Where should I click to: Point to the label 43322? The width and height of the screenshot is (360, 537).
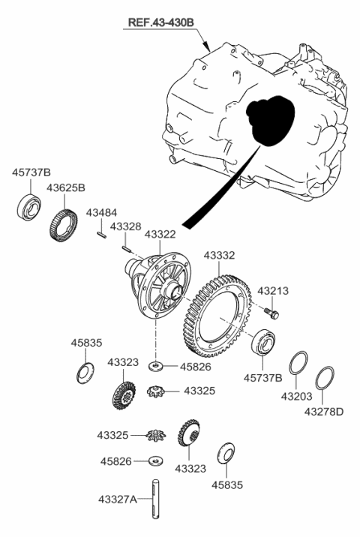(160, 235)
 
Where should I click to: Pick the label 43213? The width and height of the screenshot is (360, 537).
(273, 290)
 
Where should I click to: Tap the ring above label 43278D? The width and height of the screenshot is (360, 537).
(324, 378)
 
